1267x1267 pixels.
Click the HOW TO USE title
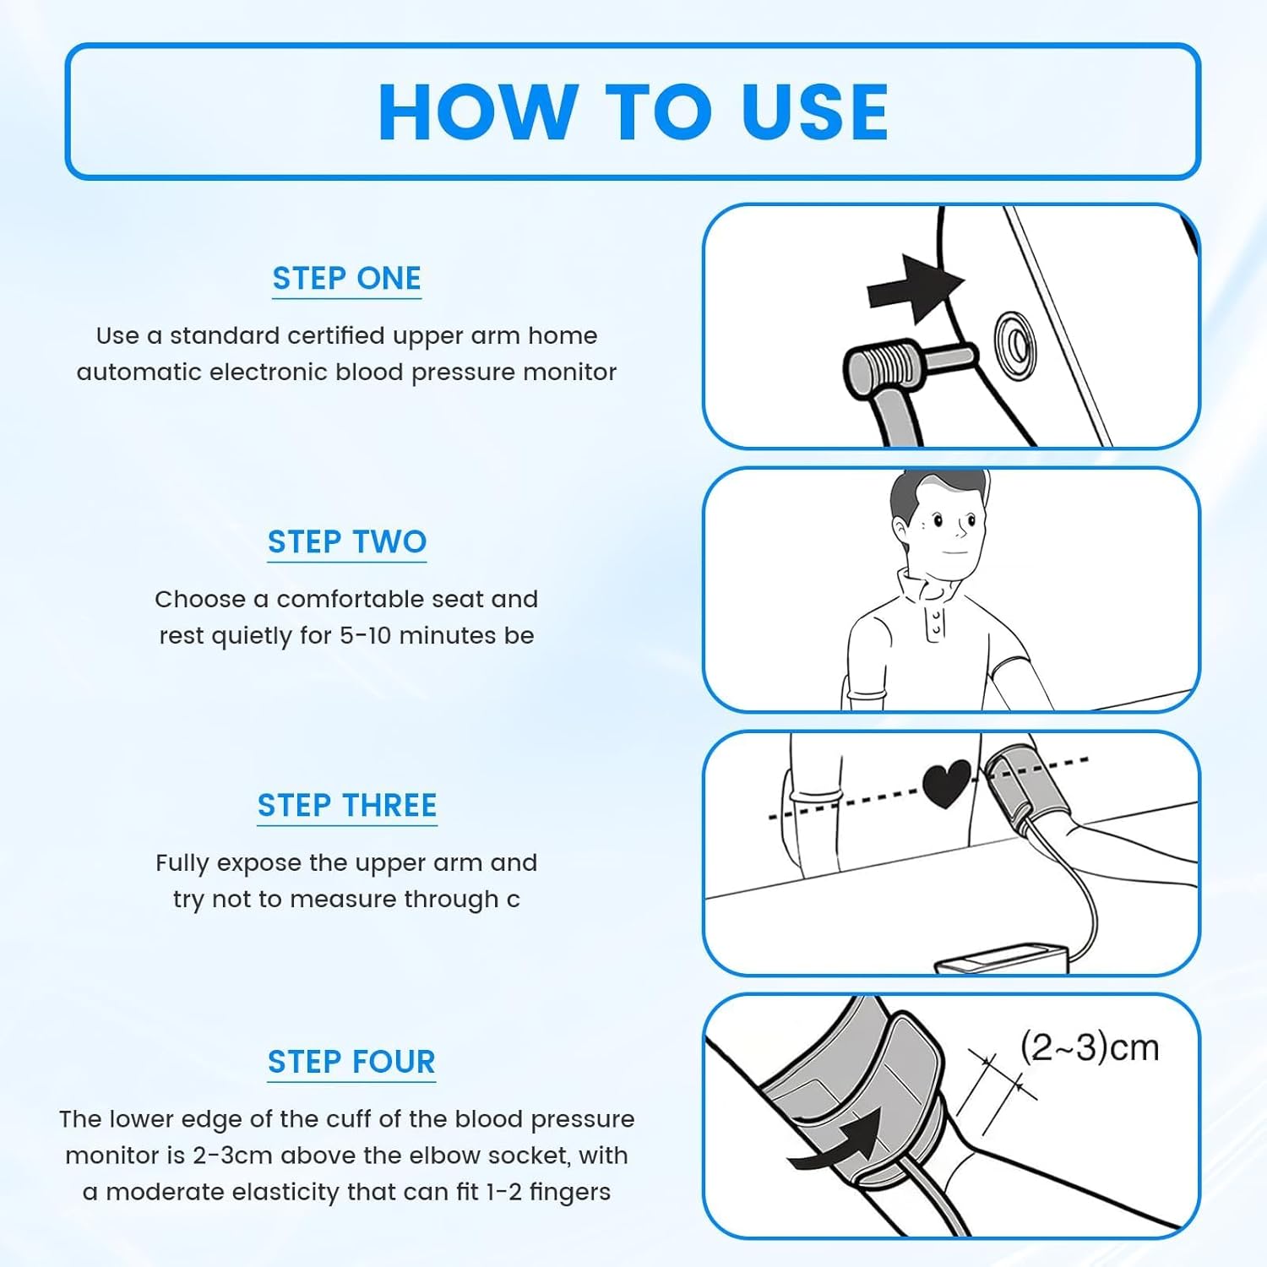click(x=633, y=111)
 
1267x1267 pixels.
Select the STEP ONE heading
click(x=346, y=279)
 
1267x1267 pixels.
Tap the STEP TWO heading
click(x=347, y=542)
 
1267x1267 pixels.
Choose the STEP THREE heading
click(x=347, y=806)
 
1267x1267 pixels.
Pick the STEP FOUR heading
click(x=351, y=1062)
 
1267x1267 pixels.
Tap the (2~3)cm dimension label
click(x=1090, y=1047)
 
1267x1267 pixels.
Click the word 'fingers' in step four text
click(x=570, y=1193)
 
